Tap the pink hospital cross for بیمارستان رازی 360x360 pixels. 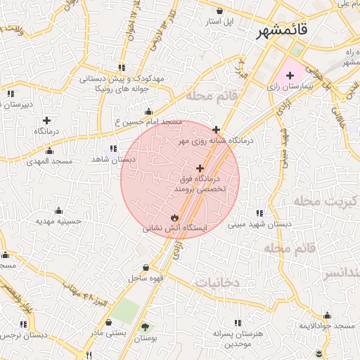click(290, 75)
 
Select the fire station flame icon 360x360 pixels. click(174, 217)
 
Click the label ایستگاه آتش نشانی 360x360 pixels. click(175, 228)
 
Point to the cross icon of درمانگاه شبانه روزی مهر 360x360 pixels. click(216, 129)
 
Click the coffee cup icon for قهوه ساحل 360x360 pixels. click(146, 268)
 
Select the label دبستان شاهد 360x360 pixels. click(109, 160)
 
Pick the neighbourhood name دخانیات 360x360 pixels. click(217, 282)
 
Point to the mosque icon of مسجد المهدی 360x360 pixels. click(49, 150)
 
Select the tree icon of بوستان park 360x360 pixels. click(146, 327)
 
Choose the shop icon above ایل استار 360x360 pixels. click(221, 11)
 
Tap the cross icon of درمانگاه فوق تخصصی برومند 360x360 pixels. click(200, 168)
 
